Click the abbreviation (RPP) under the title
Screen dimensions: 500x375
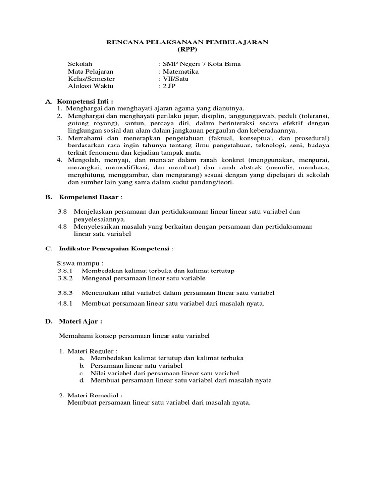tap(187, 50)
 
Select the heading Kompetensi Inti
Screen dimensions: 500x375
tap(85, 101)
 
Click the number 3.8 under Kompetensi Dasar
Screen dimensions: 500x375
tap(62, 212)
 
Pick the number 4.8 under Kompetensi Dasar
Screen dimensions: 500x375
tap(62, 227)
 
